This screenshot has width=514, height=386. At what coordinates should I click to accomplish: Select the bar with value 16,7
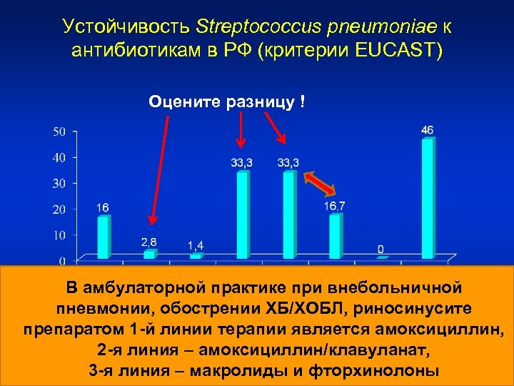336,236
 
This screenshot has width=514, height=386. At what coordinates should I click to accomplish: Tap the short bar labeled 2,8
149,254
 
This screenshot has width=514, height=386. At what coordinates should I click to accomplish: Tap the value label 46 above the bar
427,130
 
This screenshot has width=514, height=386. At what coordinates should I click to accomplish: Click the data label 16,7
335,206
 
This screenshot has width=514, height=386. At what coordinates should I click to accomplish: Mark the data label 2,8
148,242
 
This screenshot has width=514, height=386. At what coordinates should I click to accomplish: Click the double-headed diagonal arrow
319,183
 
